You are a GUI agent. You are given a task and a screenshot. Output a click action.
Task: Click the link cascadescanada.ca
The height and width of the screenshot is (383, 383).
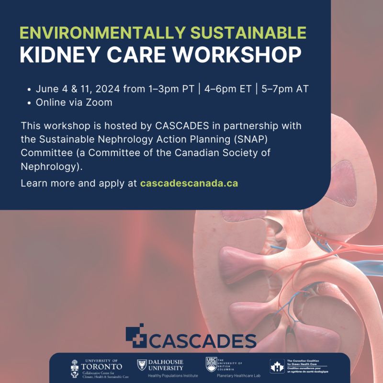[x=189, y=183]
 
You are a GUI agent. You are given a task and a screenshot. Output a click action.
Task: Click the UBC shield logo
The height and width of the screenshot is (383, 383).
[x=211, y=364]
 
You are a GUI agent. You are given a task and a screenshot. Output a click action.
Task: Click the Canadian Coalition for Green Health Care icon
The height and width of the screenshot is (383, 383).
[x=277, y=366]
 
